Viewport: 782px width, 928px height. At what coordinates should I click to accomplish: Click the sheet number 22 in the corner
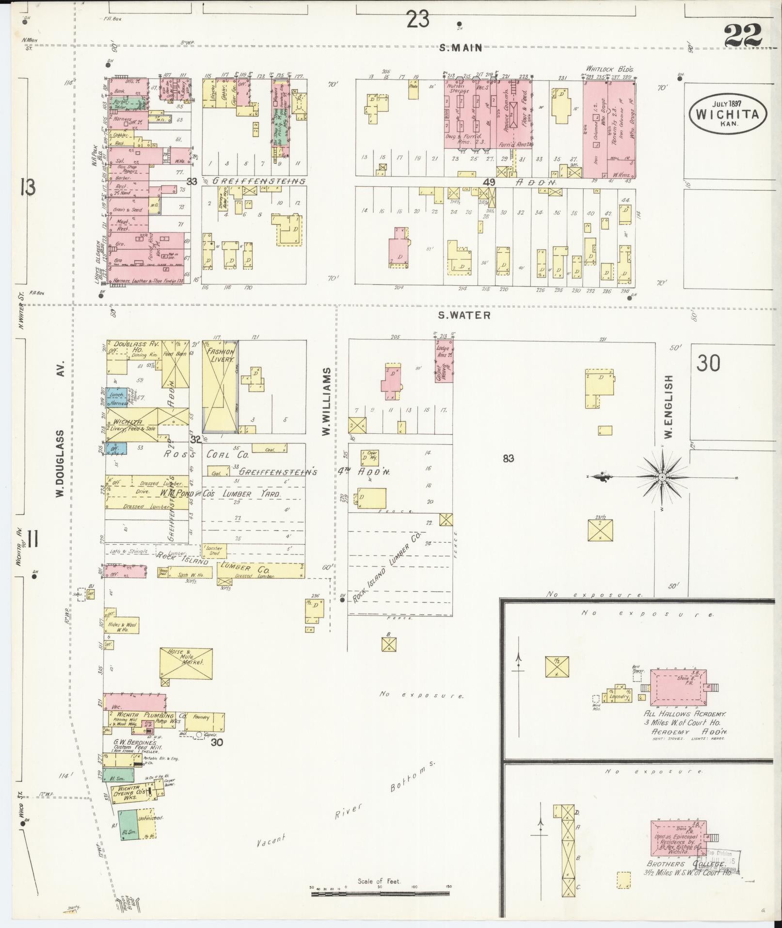(743, 35)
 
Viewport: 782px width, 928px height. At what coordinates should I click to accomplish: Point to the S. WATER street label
(464, 315)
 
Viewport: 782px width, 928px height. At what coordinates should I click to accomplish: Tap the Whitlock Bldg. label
(609, 69)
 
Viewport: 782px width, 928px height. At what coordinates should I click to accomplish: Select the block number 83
(508, 458)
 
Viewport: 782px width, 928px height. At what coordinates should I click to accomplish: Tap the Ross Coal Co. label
(206, 455)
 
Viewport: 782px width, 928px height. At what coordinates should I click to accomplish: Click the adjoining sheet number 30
(708, 363)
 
